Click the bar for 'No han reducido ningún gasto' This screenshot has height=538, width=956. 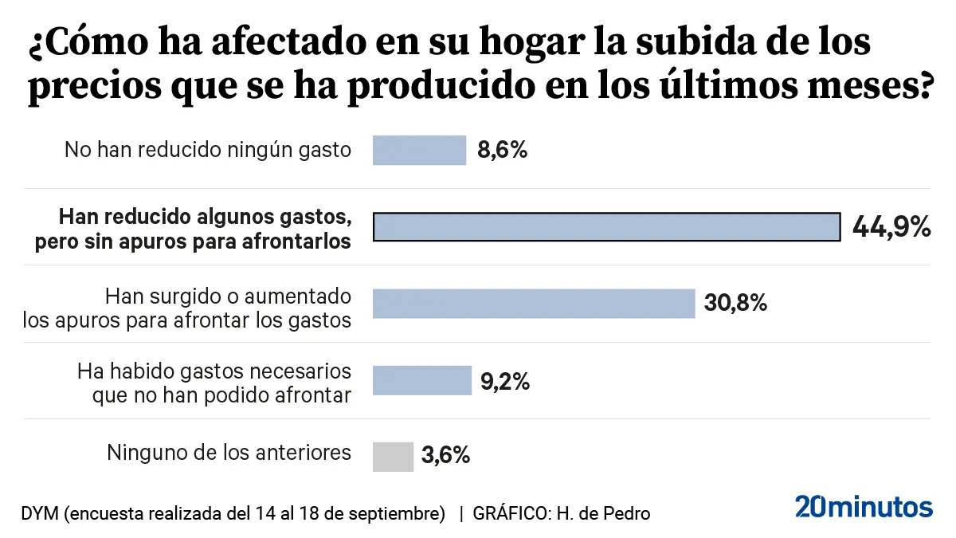(419, 150)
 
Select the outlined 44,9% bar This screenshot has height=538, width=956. (606, 226)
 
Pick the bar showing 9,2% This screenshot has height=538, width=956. (422, 380)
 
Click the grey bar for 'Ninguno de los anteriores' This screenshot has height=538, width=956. (393, 457)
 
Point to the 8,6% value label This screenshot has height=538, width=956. (503, 150)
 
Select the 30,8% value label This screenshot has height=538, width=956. (735, 303)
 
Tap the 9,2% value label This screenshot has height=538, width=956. (505, 381)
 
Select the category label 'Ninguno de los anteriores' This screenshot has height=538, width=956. (229, 453)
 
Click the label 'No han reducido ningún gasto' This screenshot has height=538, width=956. (208, 149)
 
